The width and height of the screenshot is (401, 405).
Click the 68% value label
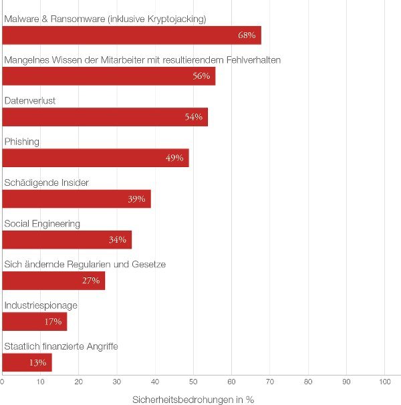pos(247,35)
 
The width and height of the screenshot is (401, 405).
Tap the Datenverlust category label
pos(29,100)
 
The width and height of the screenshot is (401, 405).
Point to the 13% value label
pos(37,363)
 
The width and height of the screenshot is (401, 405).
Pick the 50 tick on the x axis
pos(193,382)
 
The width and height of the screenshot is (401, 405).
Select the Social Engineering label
pos(42,223)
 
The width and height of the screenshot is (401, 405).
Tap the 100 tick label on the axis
pos(384,382)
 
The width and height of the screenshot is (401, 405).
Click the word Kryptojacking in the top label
pos(176,19)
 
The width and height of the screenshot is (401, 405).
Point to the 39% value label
pos(136,199)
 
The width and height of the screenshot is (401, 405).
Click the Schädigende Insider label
pos(46,182)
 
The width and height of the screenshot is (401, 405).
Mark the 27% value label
pos(91,281)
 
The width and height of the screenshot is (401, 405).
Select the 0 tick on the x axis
pos(3,382)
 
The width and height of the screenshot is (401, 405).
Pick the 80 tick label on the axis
pos(308,382)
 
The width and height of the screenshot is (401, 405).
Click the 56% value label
pos(202,76)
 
